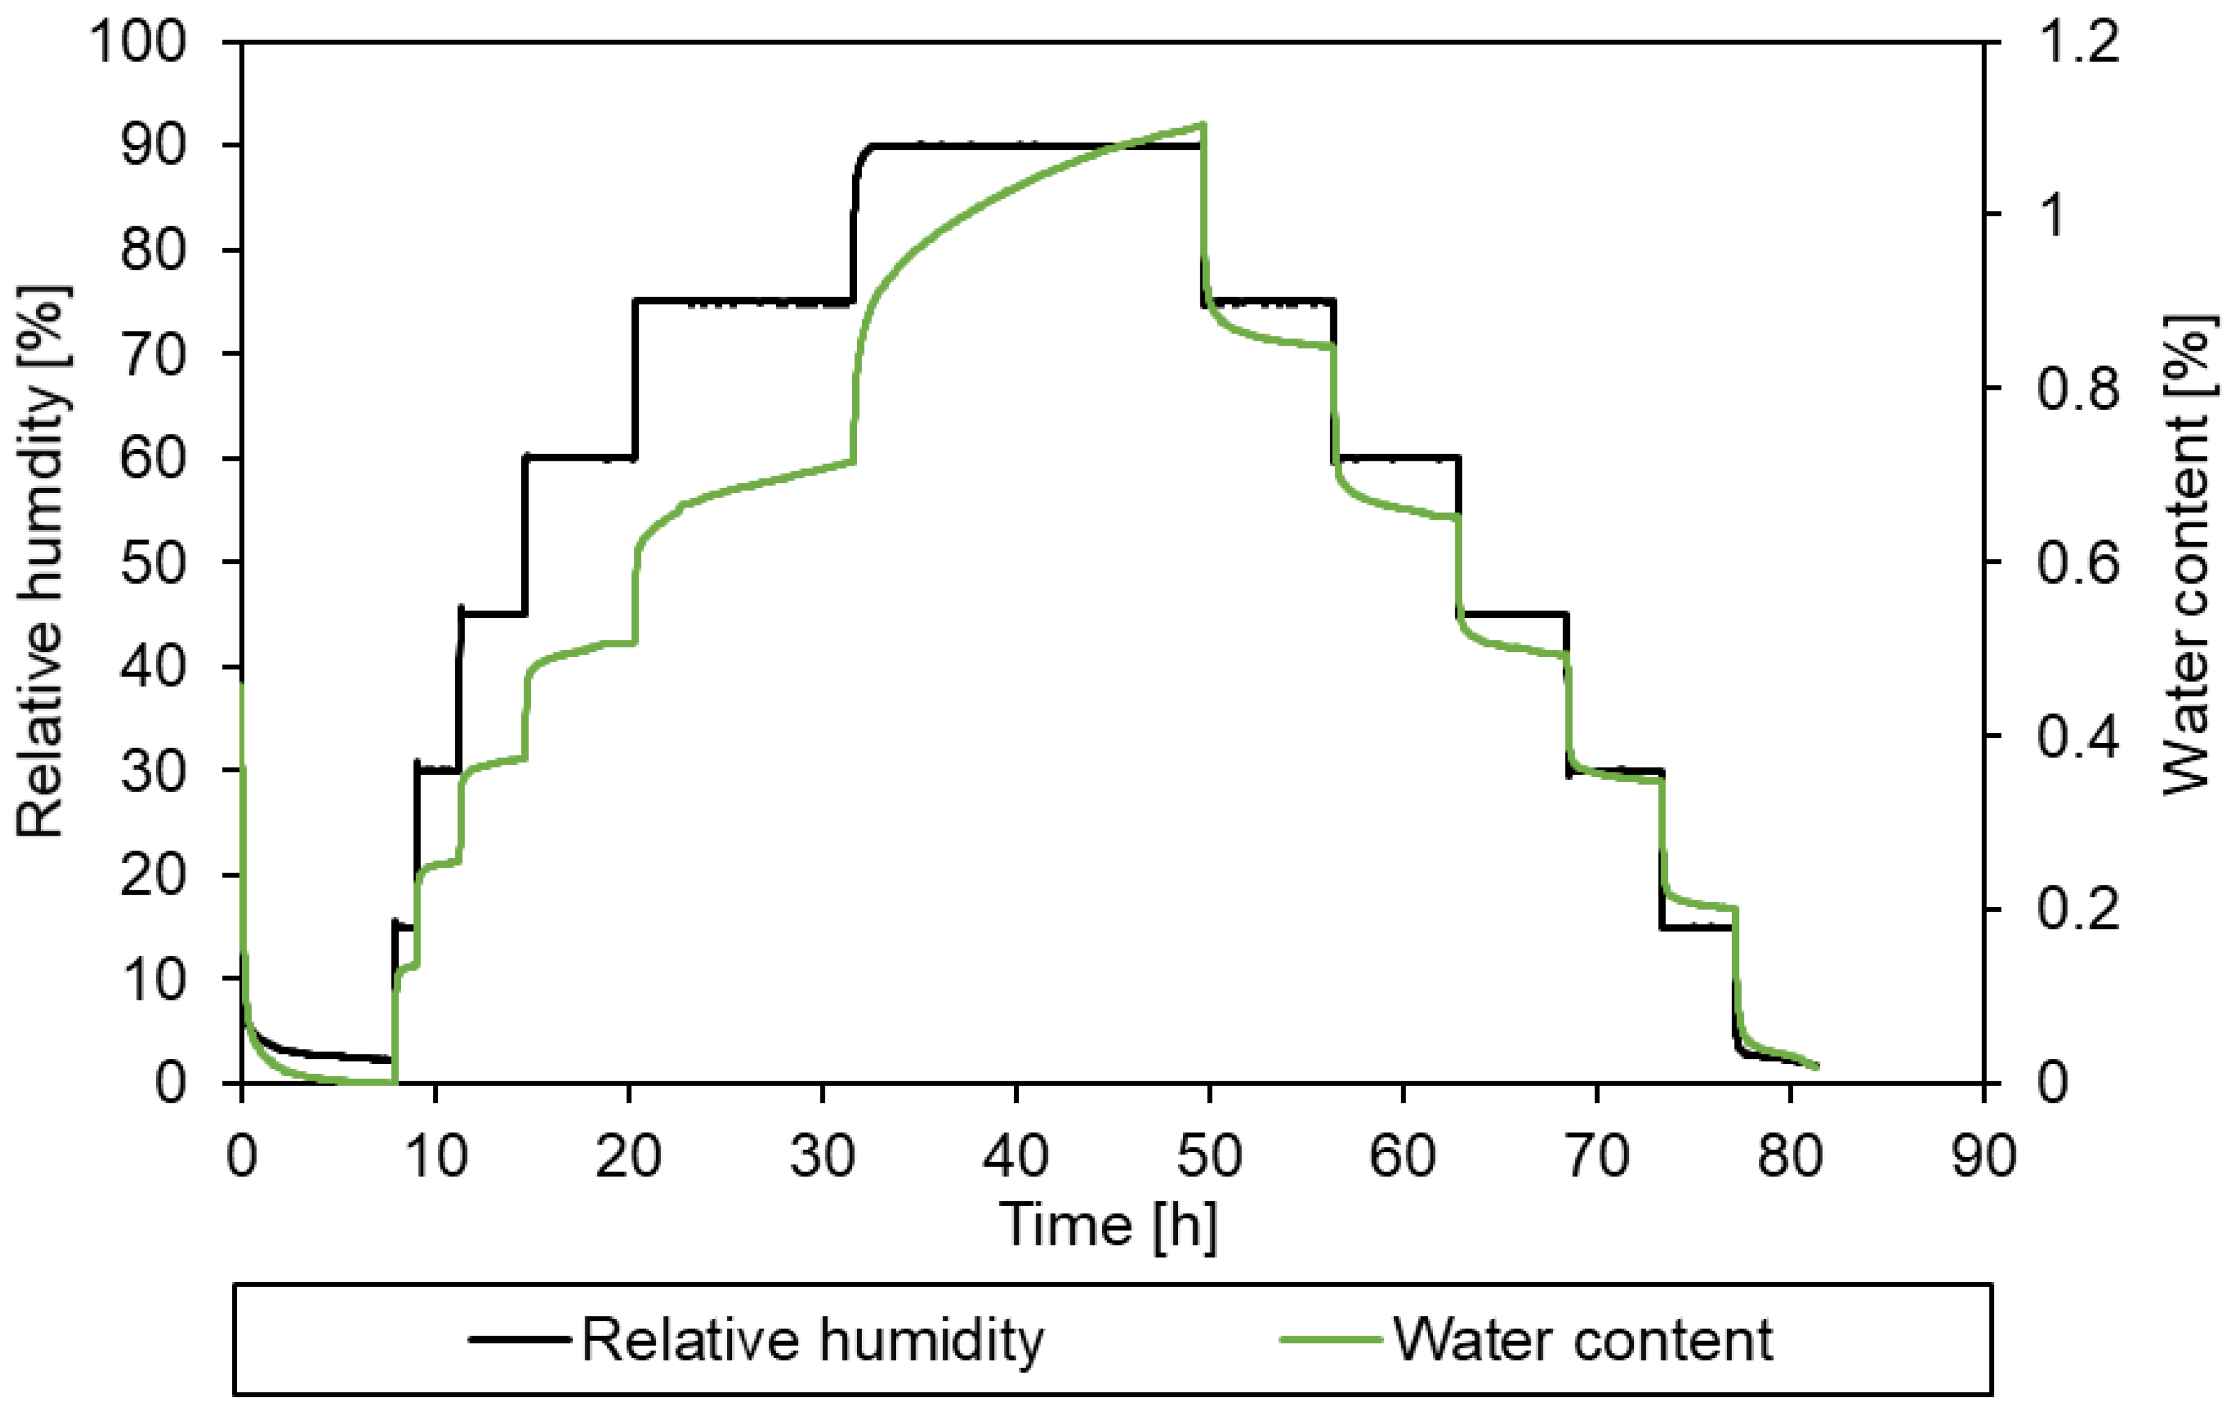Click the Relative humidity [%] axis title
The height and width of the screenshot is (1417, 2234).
(42, 561)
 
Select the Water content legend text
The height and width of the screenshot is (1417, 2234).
(1583, 1340)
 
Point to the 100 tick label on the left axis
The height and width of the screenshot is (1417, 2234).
(137, 43)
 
